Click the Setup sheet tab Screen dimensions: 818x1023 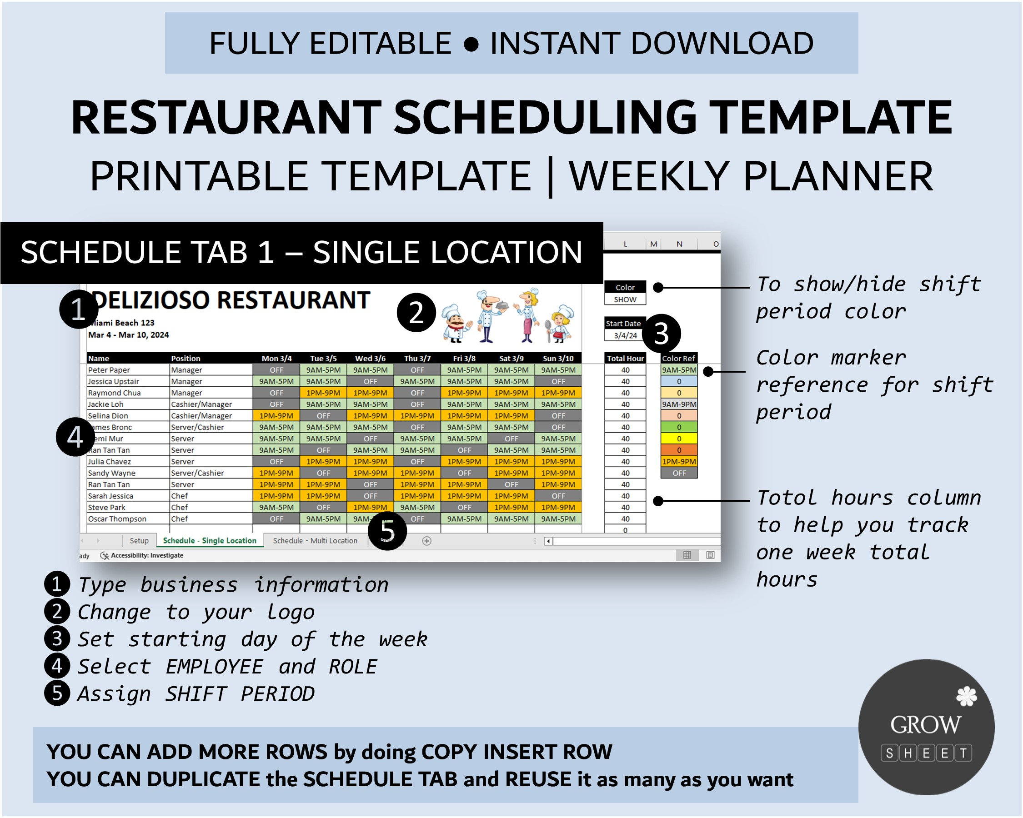[x=139, y=541]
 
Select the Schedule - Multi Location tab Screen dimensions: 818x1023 [x=315, y=541]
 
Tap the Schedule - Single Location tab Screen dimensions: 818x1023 [x=209, y=541]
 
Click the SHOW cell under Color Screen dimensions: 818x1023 [x=625, y=299]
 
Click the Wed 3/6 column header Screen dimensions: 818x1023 [x=370, y=359]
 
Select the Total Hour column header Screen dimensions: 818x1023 [x=625, y=359]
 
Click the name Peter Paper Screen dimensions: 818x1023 [x=109, y=370]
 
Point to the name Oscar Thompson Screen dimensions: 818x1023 [x=117, y=519]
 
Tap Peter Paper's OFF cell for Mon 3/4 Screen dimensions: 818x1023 [x=276, y=370]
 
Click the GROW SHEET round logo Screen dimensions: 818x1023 [x=926, y=727]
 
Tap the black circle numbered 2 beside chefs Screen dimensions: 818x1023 [x=416, y=313]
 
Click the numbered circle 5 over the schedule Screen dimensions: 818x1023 [x=387, y=531]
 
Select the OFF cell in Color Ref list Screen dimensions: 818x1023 [x=679, y=473]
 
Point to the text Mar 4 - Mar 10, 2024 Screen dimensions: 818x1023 [x=128, y=335]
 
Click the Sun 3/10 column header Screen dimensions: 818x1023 [x=558, y=359]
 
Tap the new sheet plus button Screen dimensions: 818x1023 [x=426, y=541]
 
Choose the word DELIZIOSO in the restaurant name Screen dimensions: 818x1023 [x=152, y=300]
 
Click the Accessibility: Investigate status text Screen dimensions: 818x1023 [x=146, y=555]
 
